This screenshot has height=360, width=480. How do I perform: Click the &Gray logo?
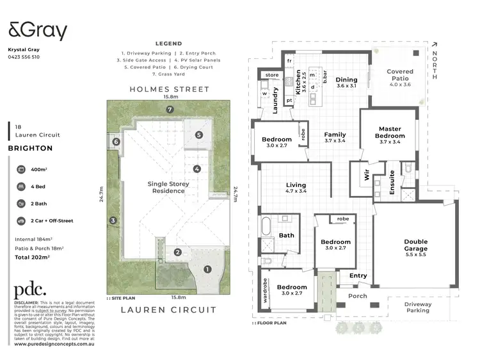click(x=37, y=30)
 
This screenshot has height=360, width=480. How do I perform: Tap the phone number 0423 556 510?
click(x=24, y=57)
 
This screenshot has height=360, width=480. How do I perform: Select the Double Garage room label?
click(x=415, y=245)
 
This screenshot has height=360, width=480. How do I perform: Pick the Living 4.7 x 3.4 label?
click(x=296, y=187)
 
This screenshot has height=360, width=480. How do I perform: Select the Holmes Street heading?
click(x=169, y=89)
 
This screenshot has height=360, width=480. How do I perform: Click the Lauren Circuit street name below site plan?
click(x=169, y=309)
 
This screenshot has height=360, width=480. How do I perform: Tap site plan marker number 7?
click(x=170, y=110)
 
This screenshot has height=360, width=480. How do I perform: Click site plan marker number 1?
click(x=207, y=270)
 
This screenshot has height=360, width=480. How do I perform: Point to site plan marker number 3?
click(x=113, y=221)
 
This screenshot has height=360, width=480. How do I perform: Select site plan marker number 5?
click(x=199, y=135)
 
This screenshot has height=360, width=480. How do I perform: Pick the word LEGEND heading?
click(x=168, y=44)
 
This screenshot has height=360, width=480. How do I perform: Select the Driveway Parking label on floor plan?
click(x=419, y=307)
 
